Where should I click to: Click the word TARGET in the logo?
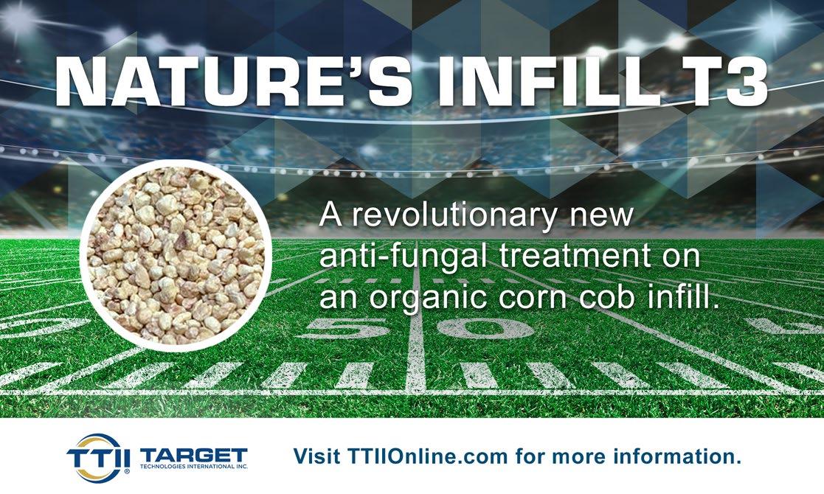pos(194,455)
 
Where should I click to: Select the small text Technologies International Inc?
pos(194,466)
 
